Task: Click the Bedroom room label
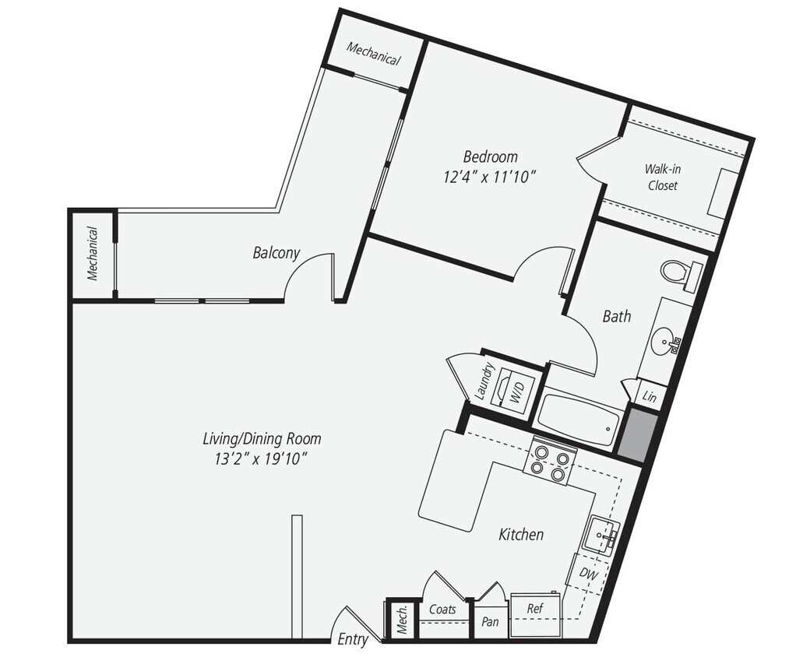490,156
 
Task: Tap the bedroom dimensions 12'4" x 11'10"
490,177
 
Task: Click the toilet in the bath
679,273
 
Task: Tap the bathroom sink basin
664,341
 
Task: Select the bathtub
578,419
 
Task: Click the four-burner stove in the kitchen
550,462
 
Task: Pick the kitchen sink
602,536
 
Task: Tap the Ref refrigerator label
535,608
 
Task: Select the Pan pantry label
491,622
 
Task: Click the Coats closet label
443,610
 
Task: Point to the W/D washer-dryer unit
516,387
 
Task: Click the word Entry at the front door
353,640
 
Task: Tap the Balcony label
276,253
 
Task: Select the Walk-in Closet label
660,177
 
